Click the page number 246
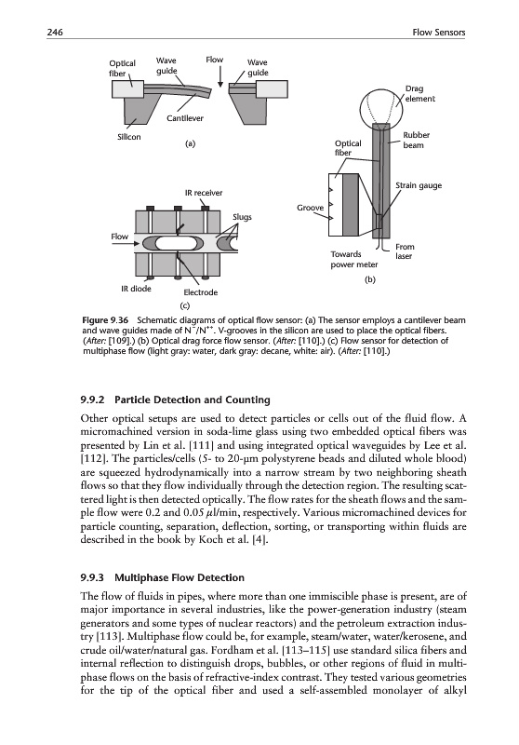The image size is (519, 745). pos(55,33)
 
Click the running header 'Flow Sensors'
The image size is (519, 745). pos(439,33)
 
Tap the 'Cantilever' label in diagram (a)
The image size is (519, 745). pos(184,118)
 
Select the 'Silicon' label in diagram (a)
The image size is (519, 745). pos(129,137)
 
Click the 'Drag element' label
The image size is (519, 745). pos(419,94)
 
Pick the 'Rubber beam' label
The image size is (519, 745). pos(416,141)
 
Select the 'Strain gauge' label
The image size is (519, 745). pos(419,185)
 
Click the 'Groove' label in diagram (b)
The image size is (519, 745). pos(311,208)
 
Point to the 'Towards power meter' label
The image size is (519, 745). pos(354,260)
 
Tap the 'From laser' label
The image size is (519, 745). pos(405,251)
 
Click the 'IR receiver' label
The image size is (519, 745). pos(204,193)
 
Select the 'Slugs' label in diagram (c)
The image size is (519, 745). pos(242,217)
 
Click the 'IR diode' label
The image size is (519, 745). pos(136,289)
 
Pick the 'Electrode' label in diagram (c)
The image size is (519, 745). pos(201,292)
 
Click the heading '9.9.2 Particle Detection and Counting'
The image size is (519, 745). pos(176,400)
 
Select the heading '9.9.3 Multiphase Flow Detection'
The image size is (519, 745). pos(163,577)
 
